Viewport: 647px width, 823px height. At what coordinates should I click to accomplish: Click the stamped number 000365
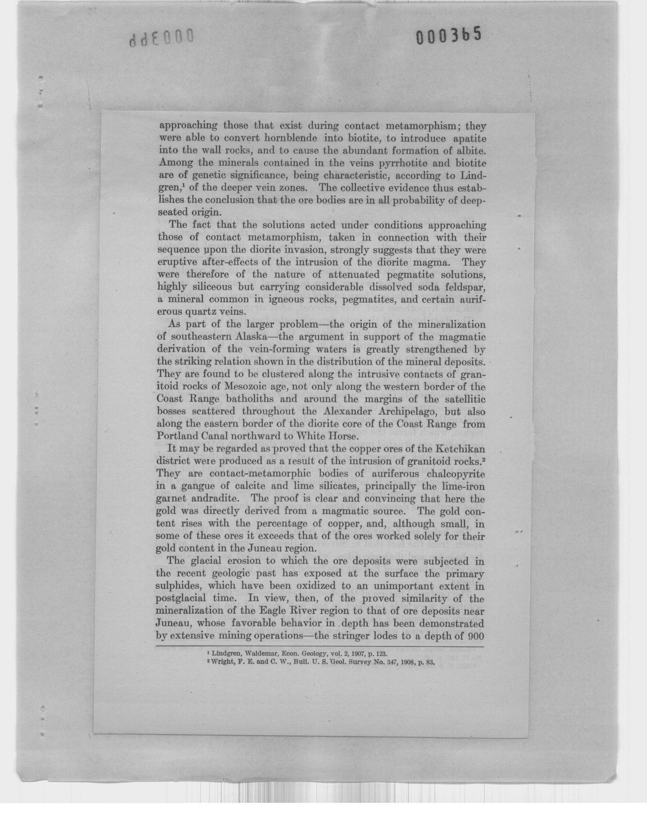pos(449,37)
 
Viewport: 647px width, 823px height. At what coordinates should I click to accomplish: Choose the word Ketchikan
pos(461,449)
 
